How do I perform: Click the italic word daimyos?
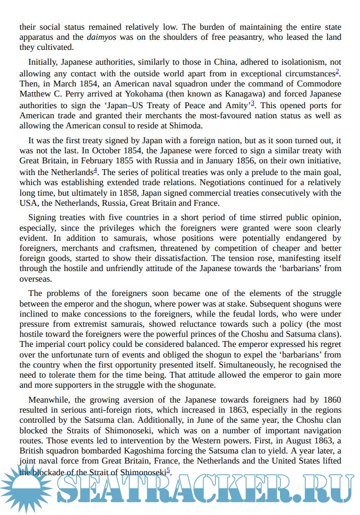101,38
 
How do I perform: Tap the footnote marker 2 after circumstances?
337,71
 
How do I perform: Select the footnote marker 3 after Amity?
252,103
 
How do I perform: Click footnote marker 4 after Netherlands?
95,170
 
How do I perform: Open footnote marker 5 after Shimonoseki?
168,469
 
